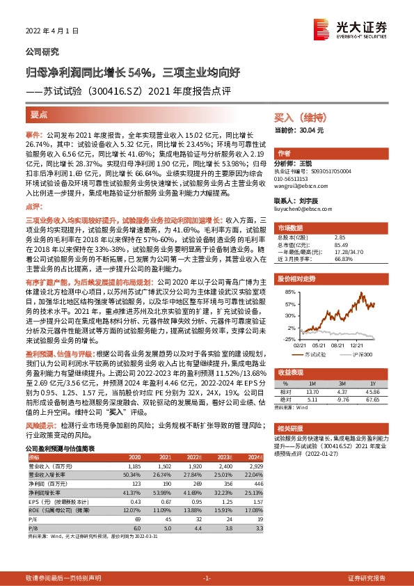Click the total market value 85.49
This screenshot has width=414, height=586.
(x=340, y=244)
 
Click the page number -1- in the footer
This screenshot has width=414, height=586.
(x=207, y=578)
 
